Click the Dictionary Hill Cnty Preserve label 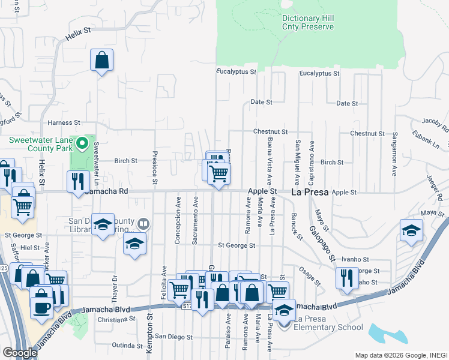[307, 22]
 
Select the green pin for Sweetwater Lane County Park [83, 144]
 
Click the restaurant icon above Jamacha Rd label [78, 182]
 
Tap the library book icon [143, 224]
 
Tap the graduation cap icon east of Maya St [411, 230]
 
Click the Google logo [20, 353]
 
